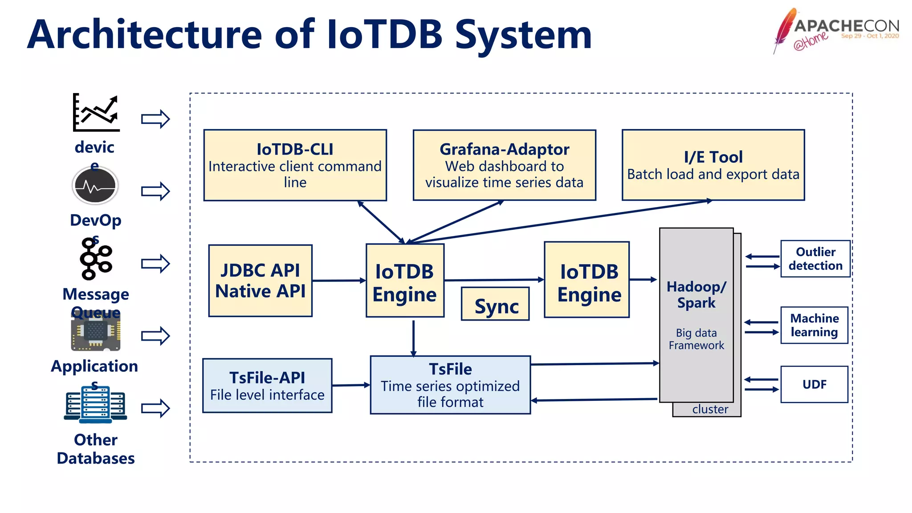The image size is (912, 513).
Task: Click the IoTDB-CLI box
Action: [x=295, y=165]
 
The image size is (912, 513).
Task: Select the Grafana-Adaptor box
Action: [x=504, y=165]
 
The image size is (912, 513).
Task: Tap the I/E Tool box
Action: [x=713, y=165]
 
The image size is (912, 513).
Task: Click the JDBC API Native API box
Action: [x=261, y=281]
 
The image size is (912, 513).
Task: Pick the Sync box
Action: [x=495, y=304]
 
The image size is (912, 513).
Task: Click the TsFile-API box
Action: [x=267, y=386]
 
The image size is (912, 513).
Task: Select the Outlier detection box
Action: [x=815, y=259]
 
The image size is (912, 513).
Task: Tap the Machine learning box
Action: [x=814, y=325]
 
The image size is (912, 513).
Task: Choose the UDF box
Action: [x=814, y=384]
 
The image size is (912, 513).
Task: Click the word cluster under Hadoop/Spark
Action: [x=710, y=409]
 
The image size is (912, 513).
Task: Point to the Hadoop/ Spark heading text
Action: [x=696, y=294]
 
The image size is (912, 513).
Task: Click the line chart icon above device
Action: [x=96, y=113]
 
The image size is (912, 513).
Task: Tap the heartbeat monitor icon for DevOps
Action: [x=95, y=186]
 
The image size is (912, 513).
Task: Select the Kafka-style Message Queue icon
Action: [x=95, y=258]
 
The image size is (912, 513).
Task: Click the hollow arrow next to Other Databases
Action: [x=155, y=408]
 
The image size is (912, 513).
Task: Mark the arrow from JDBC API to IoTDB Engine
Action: [x=338, y=281]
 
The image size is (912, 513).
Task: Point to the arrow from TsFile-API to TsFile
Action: [x=351, y=385]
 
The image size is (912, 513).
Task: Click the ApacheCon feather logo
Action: [x=785, y=30]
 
